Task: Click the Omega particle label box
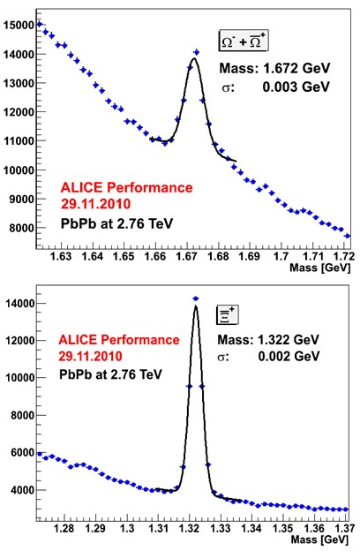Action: [x=244, y=41]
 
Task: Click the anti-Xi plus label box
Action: [x=227, y=314]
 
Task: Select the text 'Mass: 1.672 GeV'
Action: [x=274, y=68]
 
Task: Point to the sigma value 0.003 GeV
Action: [x=296, y=87]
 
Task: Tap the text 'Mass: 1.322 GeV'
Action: [x=268, y=340]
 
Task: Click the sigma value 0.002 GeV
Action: [x=289, y=357]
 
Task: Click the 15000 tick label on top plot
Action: [x=19, y=26]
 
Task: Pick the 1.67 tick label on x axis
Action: [x=186, y=257]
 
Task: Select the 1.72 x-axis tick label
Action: [x=344, y=257]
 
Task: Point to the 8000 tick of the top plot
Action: [x=22, y=228]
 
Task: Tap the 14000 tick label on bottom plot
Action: [x=20, y=304]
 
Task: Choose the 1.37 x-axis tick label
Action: [x=345, y=528]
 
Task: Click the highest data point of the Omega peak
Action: [x=197, y=52]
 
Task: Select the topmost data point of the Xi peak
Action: [x=196, y=298]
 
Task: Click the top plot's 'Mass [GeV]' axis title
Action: [x=320, y=268]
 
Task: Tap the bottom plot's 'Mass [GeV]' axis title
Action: [x=319, y=540]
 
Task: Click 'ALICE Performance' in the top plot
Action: [x=127, y=188]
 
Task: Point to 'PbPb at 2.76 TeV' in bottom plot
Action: [x=110, y=374]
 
